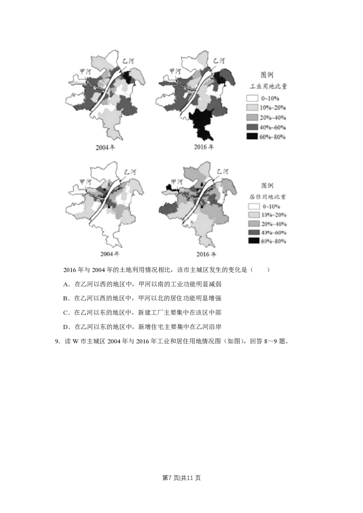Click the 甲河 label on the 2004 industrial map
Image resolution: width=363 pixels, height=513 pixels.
[x=85, y=71]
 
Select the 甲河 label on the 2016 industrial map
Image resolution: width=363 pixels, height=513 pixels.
[x=175, y=71]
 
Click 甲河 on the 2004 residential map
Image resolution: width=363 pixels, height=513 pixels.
[x=85, y=181]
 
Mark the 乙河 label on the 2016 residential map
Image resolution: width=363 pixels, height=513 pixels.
[x=222, y=171]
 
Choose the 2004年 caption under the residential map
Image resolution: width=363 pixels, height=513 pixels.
[x=110, y=254]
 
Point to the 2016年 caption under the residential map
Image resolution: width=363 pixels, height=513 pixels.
[x=206, y=254]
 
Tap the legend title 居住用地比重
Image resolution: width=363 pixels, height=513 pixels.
[x=269, y=196]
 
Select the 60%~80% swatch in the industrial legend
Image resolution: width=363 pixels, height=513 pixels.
[x=252, y=136]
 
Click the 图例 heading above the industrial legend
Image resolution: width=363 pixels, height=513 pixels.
[x=267, y=74]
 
